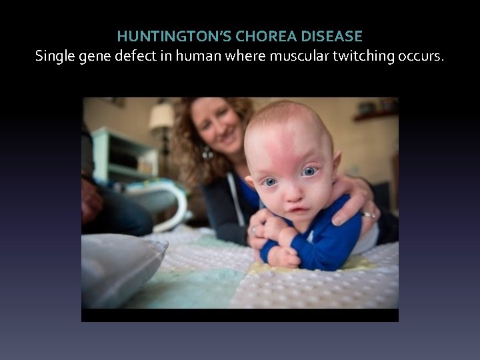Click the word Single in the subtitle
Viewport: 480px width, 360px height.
coord(56,55)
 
